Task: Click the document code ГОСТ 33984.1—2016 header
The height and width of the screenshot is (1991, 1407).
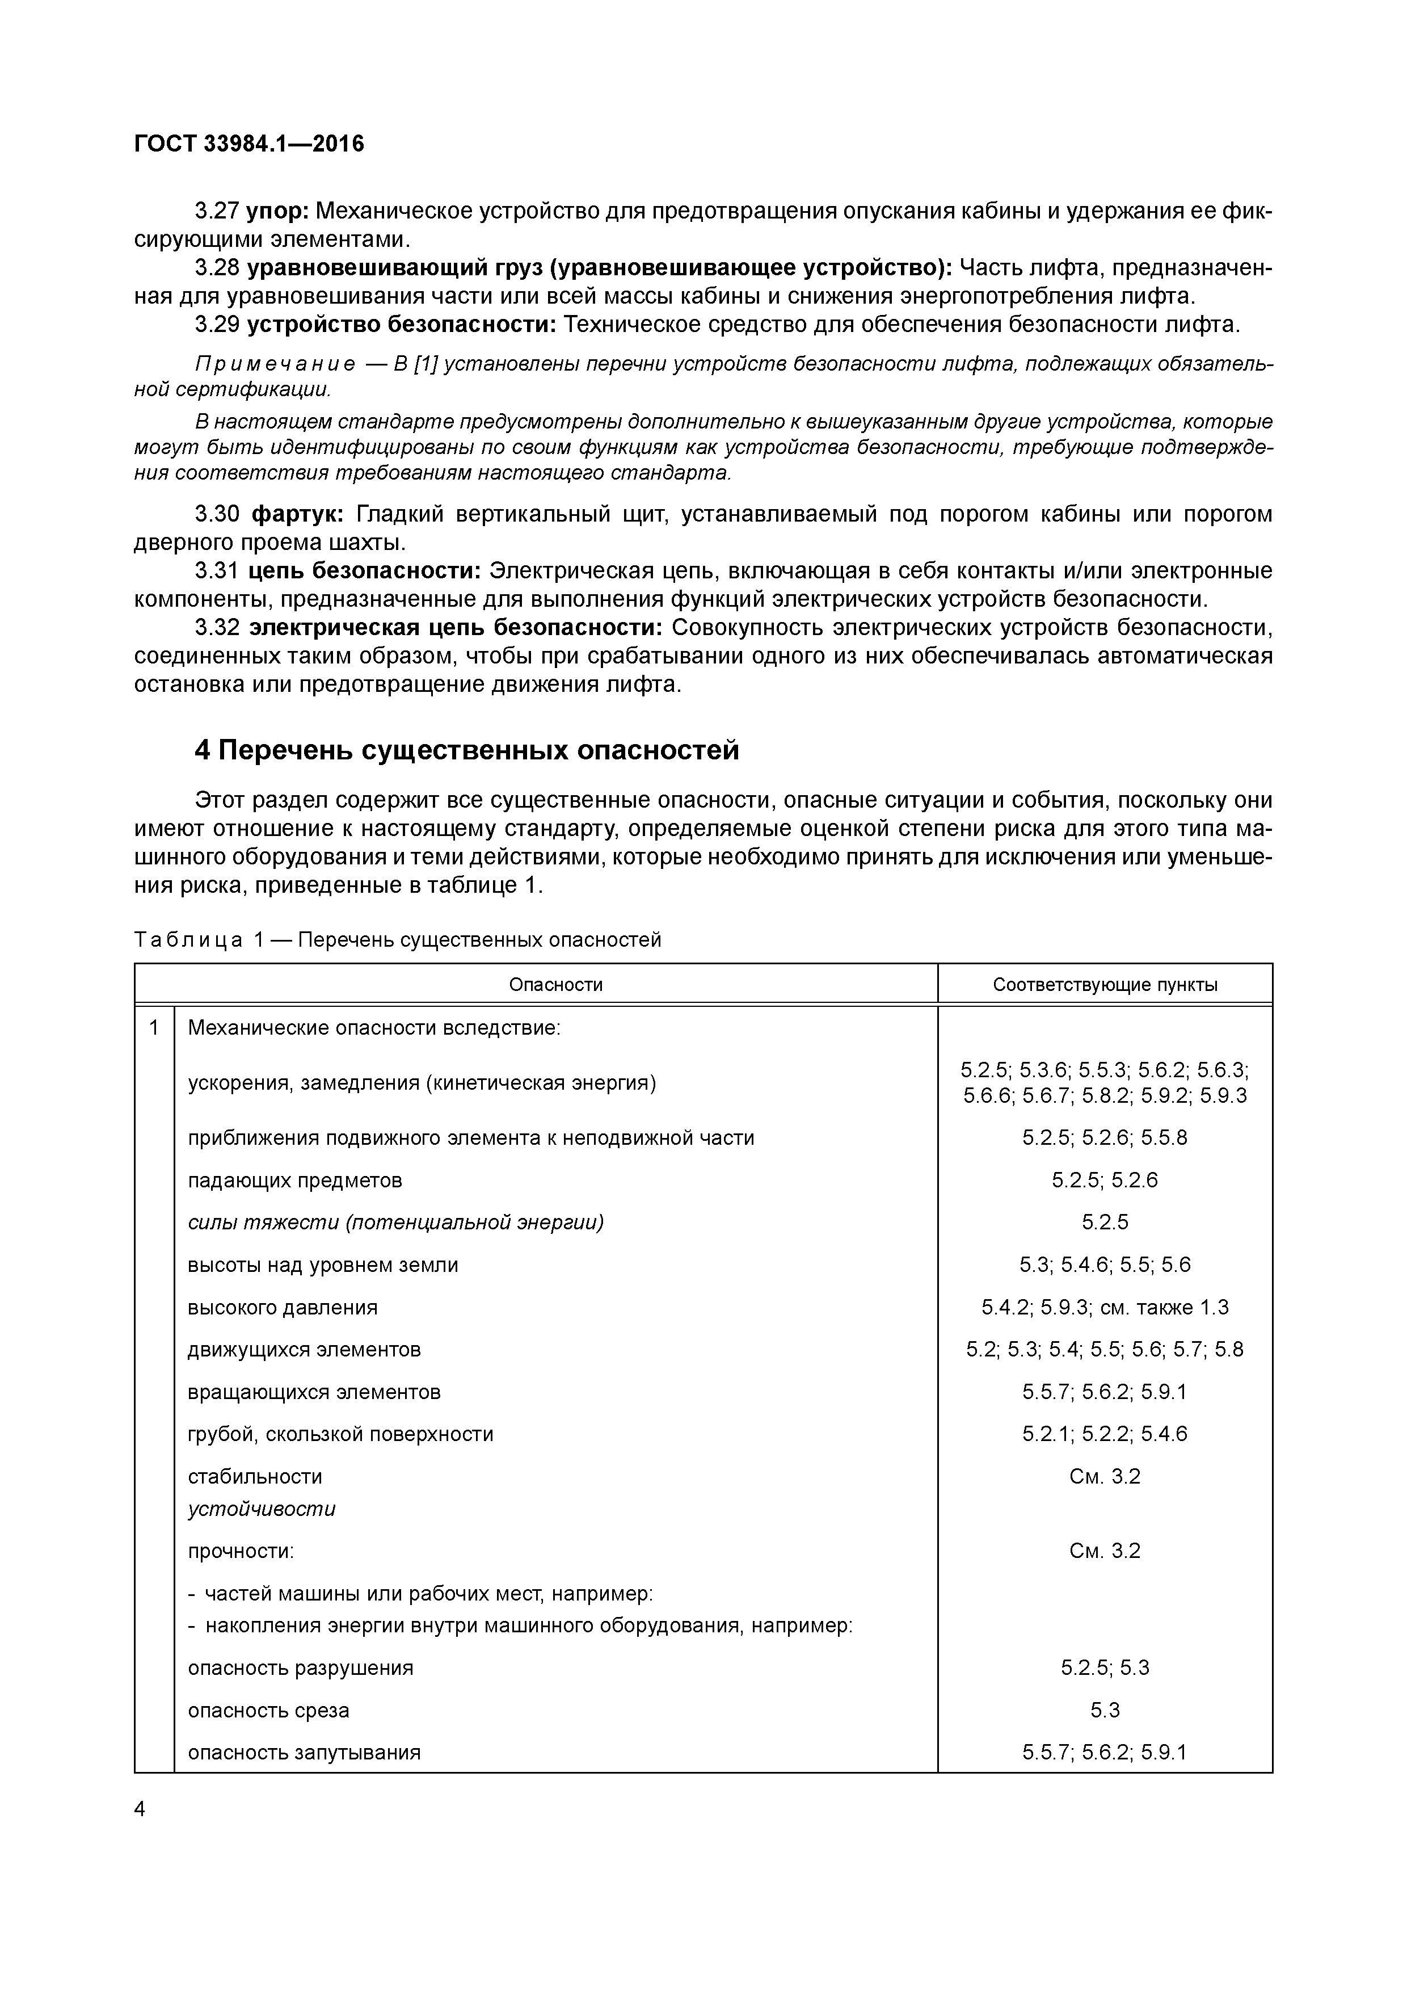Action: pos(249,144)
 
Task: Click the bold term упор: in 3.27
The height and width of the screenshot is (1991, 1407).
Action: pos(277,211)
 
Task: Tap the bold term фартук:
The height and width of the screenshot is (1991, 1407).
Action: pos(297,514)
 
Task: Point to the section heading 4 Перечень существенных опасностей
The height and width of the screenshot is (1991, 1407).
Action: pos(466,749)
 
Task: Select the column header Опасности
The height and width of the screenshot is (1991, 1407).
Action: pos(555,984)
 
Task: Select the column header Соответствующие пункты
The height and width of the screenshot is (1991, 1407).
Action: pos(1105,984)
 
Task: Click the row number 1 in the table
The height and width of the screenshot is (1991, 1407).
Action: pos(154,1028)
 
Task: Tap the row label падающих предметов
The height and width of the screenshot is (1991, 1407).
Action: pos(295,1180)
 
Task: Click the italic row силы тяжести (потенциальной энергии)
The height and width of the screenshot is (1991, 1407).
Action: pos(395,1222)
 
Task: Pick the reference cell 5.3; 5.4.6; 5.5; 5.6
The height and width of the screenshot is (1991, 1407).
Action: pos(1105,1265)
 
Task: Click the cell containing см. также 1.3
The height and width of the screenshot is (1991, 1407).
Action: pos(1105,1307)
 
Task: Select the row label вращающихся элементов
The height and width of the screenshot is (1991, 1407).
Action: pos(314,1392)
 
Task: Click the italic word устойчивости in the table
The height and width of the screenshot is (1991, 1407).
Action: pos(261,1509)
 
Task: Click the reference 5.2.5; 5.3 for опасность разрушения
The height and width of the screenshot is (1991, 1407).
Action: pos(1105,1667)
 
